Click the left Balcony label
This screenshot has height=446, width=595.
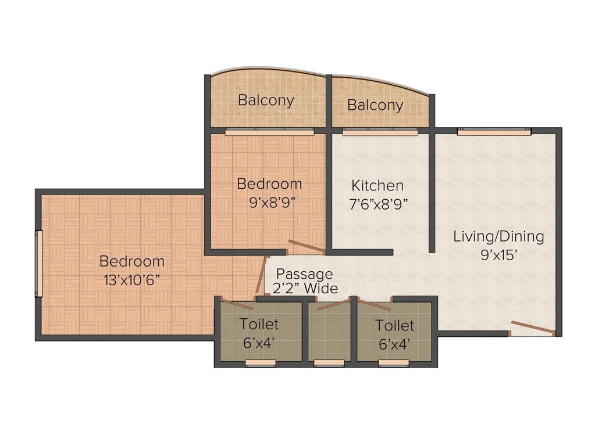coord(266,100)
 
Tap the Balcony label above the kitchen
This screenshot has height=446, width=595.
coord(375,105)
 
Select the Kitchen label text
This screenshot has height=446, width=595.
coord(377,186)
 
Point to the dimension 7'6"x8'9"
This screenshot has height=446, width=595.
coord(379,203)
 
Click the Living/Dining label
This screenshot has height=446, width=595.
coord(498,236)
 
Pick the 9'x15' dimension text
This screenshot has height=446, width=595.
coord(498,254)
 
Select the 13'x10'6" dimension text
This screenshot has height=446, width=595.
coord(132,279)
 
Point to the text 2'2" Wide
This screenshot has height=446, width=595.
coord(306,288)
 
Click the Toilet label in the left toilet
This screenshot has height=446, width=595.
coord(259,324)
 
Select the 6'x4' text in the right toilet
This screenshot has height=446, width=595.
coord(395,344)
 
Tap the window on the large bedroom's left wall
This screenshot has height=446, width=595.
coord(40,264)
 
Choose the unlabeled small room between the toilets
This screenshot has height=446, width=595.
coord(329,333)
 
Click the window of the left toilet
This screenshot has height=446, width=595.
coord(260,363)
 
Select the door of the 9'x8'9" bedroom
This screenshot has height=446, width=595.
coord(307,249)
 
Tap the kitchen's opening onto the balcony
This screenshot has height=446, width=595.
coord(380,132)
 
